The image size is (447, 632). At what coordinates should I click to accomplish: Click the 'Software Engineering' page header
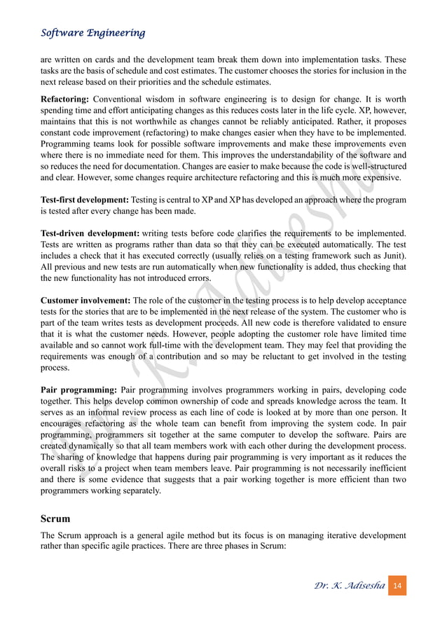point(92,33)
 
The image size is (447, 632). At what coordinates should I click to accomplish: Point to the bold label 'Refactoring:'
point(65,98)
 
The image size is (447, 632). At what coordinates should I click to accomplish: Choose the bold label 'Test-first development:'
point(84,200)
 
